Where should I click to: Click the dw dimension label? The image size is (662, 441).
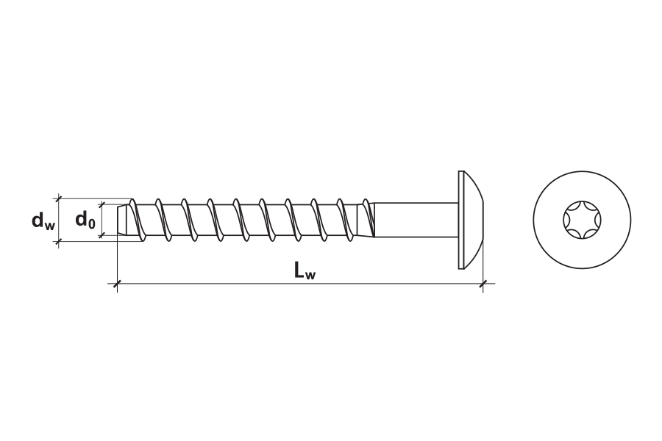[43, 220]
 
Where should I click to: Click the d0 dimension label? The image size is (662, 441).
[85, 220]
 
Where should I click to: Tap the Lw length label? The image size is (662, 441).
[305, 270]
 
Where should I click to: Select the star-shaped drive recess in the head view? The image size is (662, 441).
[582, 220]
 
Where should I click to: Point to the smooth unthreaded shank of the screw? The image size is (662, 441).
[416, 220]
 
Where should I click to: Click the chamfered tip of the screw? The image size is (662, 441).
[121, 220]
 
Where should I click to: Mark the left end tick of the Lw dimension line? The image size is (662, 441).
[117, 284]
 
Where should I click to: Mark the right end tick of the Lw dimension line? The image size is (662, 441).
[483, 284]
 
